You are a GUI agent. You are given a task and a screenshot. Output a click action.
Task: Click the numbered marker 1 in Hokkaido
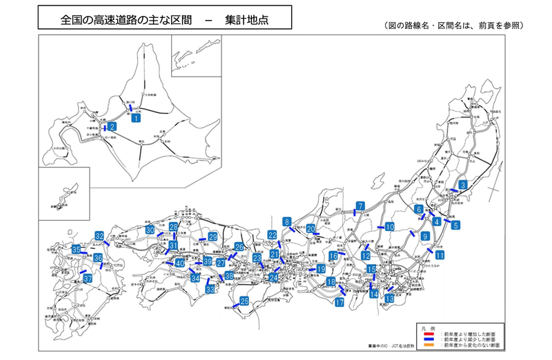[136, 118]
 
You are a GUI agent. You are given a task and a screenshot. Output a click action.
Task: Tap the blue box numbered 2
[112, 126]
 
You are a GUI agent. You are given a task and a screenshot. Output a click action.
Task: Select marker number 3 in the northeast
[463, 184]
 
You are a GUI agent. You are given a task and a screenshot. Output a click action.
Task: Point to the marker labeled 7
[360, 206]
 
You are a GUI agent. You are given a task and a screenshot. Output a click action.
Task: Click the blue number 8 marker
[286, 222]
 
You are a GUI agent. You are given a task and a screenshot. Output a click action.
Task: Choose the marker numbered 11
[440, 255]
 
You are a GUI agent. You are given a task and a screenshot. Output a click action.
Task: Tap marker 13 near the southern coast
[390, 299]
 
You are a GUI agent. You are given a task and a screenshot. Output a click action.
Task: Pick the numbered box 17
[339, 302]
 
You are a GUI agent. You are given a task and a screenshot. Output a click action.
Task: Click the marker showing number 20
[310, 229]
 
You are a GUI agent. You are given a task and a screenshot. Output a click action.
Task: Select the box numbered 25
[244, 301]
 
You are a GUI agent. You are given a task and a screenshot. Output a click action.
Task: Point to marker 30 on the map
[150, 230]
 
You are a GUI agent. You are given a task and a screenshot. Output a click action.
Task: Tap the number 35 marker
[76, 249]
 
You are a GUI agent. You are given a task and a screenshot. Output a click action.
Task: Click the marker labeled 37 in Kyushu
[88, 279]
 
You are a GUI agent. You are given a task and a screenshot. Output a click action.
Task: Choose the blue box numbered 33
[210, 290]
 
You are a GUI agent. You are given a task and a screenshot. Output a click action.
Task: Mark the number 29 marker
[213, 237]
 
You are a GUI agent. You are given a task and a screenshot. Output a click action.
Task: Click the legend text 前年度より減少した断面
[471, 339]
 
